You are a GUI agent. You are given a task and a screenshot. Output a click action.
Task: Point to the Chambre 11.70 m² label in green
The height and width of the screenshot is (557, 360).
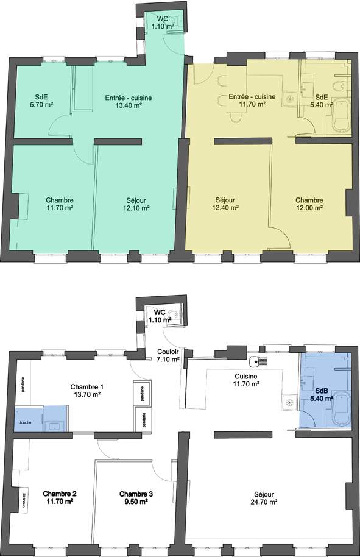60,204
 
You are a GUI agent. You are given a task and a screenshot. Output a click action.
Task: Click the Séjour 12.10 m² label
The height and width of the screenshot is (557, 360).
136,204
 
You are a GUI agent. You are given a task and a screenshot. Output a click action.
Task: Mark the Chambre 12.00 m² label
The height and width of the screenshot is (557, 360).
309,204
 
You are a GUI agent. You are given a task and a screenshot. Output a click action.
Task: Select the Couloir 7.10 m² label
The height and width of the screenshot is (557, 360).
168,355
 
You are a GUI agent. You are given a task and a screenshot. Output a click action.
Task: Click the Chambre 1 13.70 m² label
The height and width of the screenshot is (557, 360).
87,391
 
